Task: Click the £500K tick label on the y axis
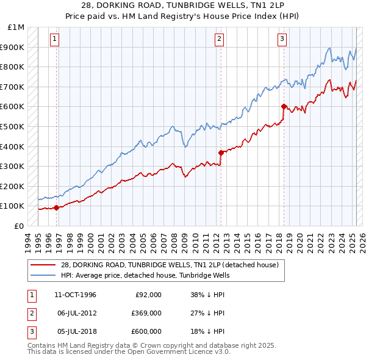12,126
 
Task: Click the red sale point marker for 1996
57,207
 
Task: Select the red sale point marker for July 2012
220,153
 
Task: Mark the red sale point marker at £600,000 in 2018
284,106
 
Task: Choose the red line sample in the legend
43,265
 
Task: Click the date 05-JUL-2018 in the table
74,331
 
